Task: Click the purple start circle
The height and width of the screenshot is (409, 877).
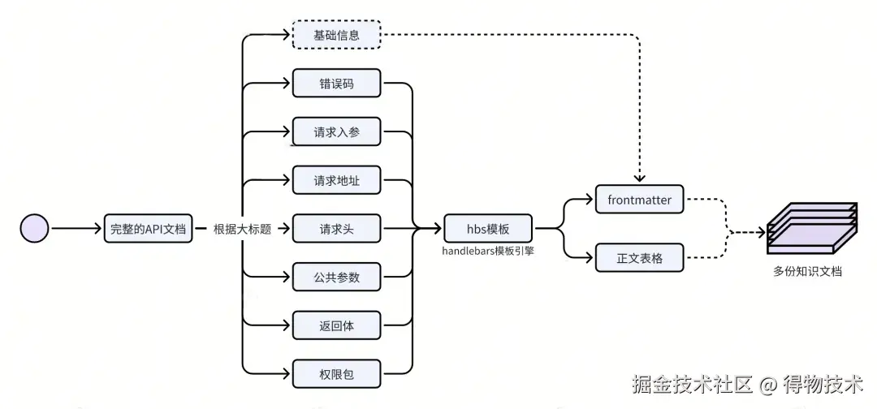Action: coord(35,229)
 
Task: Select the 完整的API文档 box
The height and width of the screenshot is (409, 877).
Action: coord(148,229)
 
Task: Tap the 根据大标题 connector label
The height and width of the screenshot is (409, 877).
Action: coord(241,229)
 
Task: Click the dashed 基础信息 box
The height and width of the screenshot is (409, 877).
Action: coord(336,36)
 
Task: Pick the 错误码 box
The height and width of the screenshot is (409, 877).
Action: coord(336,84)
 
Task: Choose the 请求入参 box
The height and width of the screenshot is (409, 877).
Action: coord(336,132)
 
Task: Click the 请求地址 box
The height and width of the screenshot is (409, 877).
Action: coord(336,180)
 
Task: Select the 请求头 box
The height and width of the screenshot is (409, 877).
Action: coord(336,229)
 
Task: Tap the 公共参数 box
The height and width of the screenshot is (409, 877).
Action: coord(336,277)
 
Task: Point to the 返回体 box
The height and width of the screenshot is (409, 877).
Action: coord(336,325)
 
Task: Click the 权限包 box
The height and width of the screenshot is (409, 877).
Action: coord(336,374)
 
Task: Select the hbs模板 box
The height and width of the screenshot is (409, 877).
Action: coord(488,229)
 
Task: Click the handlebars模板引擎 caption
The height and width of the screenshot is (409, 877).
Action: coord(487,251)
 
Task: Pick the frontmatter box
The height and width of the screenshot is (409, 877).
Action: coord(639,200)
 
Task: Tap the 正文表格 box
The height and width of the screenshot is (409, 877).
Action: coord(639,258)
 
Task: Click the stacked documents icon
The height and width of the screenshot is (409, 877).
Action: coord(811,228)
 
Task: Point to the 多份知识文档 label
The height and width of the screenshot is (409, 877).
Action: coord(807,272)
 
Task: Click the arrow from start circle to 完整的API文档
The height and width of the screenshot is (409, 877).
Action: coord(77,229)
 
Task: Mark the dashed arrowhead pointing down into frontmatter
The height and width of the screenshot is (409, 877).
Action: coord(640,177)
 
